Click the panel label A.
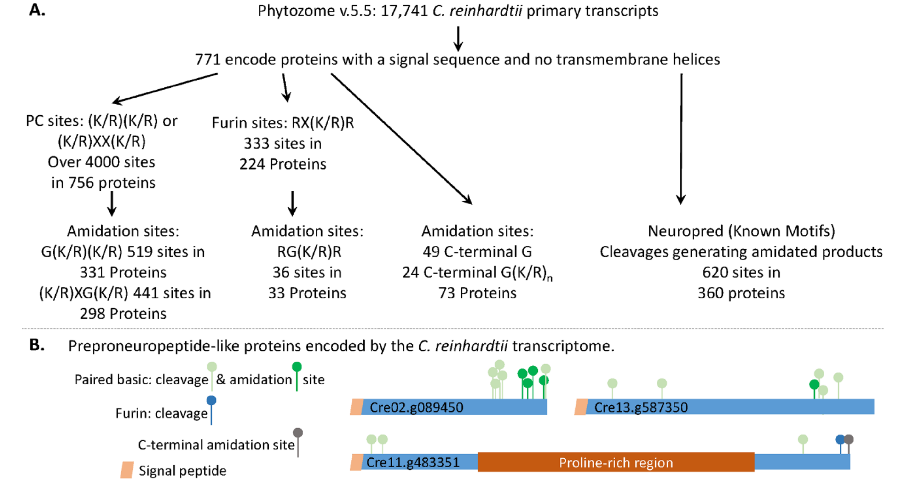[x=37, y=10]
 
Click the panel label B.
[x=37, y=345]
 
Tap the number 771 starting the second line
[x=208, y=60]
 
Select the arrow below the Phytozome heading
[x=458, y=38]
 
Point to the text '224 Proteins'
[x=283, y=164]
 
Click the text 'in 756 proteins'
[x=103, y=183]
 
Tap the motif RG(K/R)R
[x=309, y=252]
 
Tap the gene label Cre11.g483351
[x=413, y=462]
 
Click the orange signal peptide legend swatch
[x=127, y=470]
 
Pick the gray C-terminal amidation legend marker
[x=298, y=433]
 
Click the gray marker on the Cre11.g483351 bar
[x=849, y=439]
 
